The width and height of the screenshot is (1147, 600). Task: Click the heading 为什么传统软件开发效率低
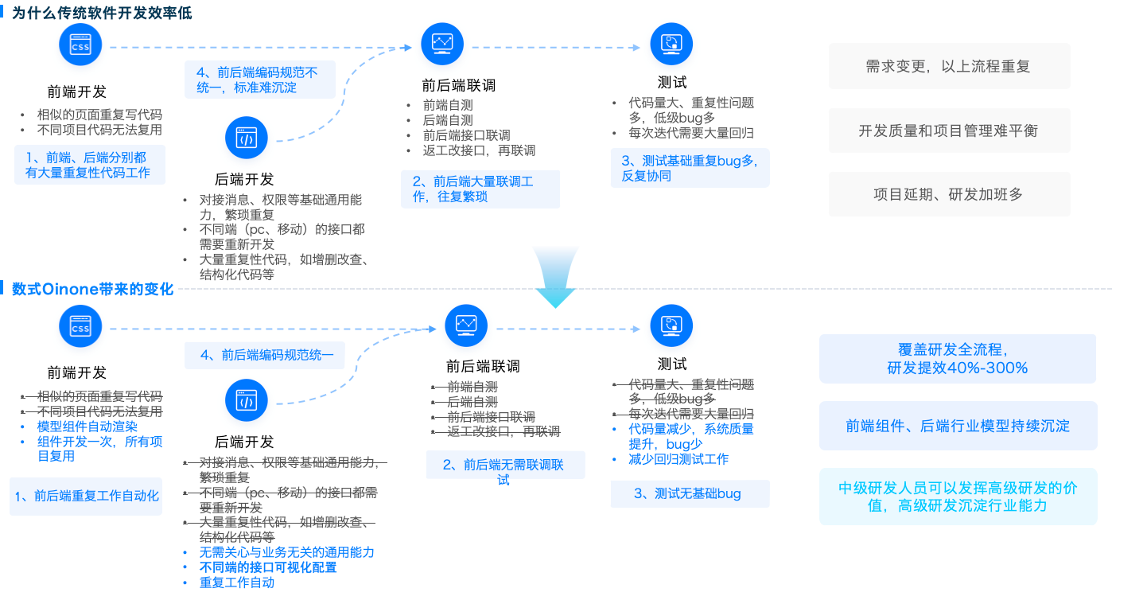pos(101,13)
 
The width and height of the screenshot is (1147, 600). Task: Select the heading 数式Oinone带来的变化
pos(92,288)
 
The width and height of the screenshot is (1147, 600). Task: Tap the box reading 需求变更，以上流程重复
pos(948,66)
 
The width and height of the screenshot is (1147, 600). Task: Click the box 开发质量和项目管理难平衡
pos(948,131)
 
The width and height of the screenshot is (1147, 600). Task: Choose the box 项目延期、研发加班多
pos(948,194)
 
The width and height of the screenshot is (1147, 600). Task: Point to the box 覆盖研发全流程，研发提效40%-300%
pos(957,359)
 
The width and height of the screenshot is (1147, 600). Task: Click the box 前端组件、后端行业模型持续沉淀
pos(958,426)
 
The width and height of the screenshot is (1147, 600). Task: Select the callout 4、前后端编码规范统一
pos(265,355)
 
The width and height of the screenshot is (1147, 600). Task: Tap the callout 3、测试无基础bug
pos(689,493)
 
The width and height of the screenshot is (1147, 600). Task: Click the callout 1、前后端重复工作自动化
pos(86,496)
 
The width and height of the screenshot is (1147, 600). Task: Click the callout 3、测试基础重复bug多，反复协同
pos(689,168)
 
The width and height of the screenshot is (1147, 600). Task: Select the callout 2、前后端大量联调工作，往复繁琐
pos(480,189)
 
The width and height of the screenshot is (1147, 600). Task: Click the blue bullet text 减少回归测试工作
pos(678,459)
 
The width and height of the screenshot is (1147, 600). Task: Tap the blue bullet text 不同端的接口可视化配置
pos(268,567)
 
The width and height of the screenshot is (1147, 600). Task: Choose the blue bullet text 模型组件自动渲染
pos(87,427)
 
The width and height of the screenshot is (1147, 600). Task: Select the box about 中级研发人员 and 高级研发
pos(958,497)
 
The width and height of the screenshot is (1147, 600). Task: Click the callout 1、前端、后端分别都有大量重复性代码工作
pos(89,166)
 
